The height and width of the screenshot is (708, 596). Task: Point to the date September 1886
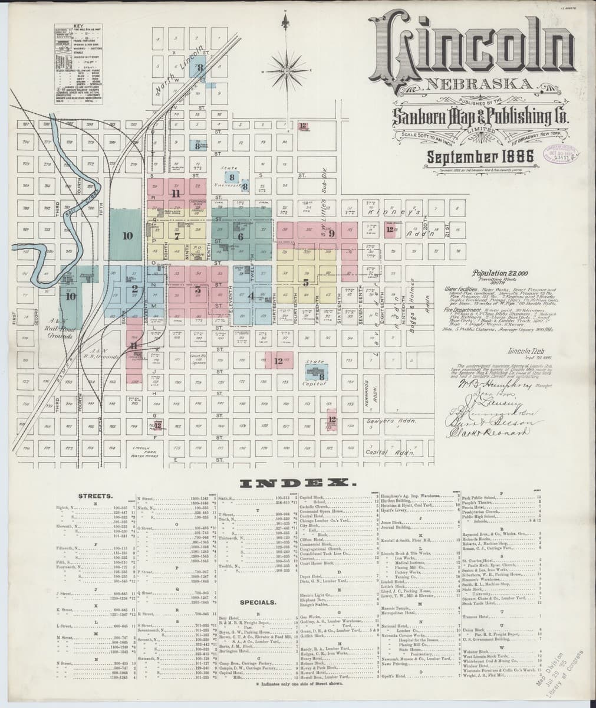pyautogui.click(x=480, y=158)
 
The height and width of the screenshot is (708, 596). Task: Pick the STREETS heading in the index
pyautogui.click(x=96, y=497)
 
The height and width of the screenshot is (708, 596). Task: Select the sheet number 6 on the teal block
pyautogui.click(x=241, y=237)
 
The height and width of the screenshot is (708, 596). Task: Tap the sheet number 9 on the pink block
pyautogui.click(x=331, y=234)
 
